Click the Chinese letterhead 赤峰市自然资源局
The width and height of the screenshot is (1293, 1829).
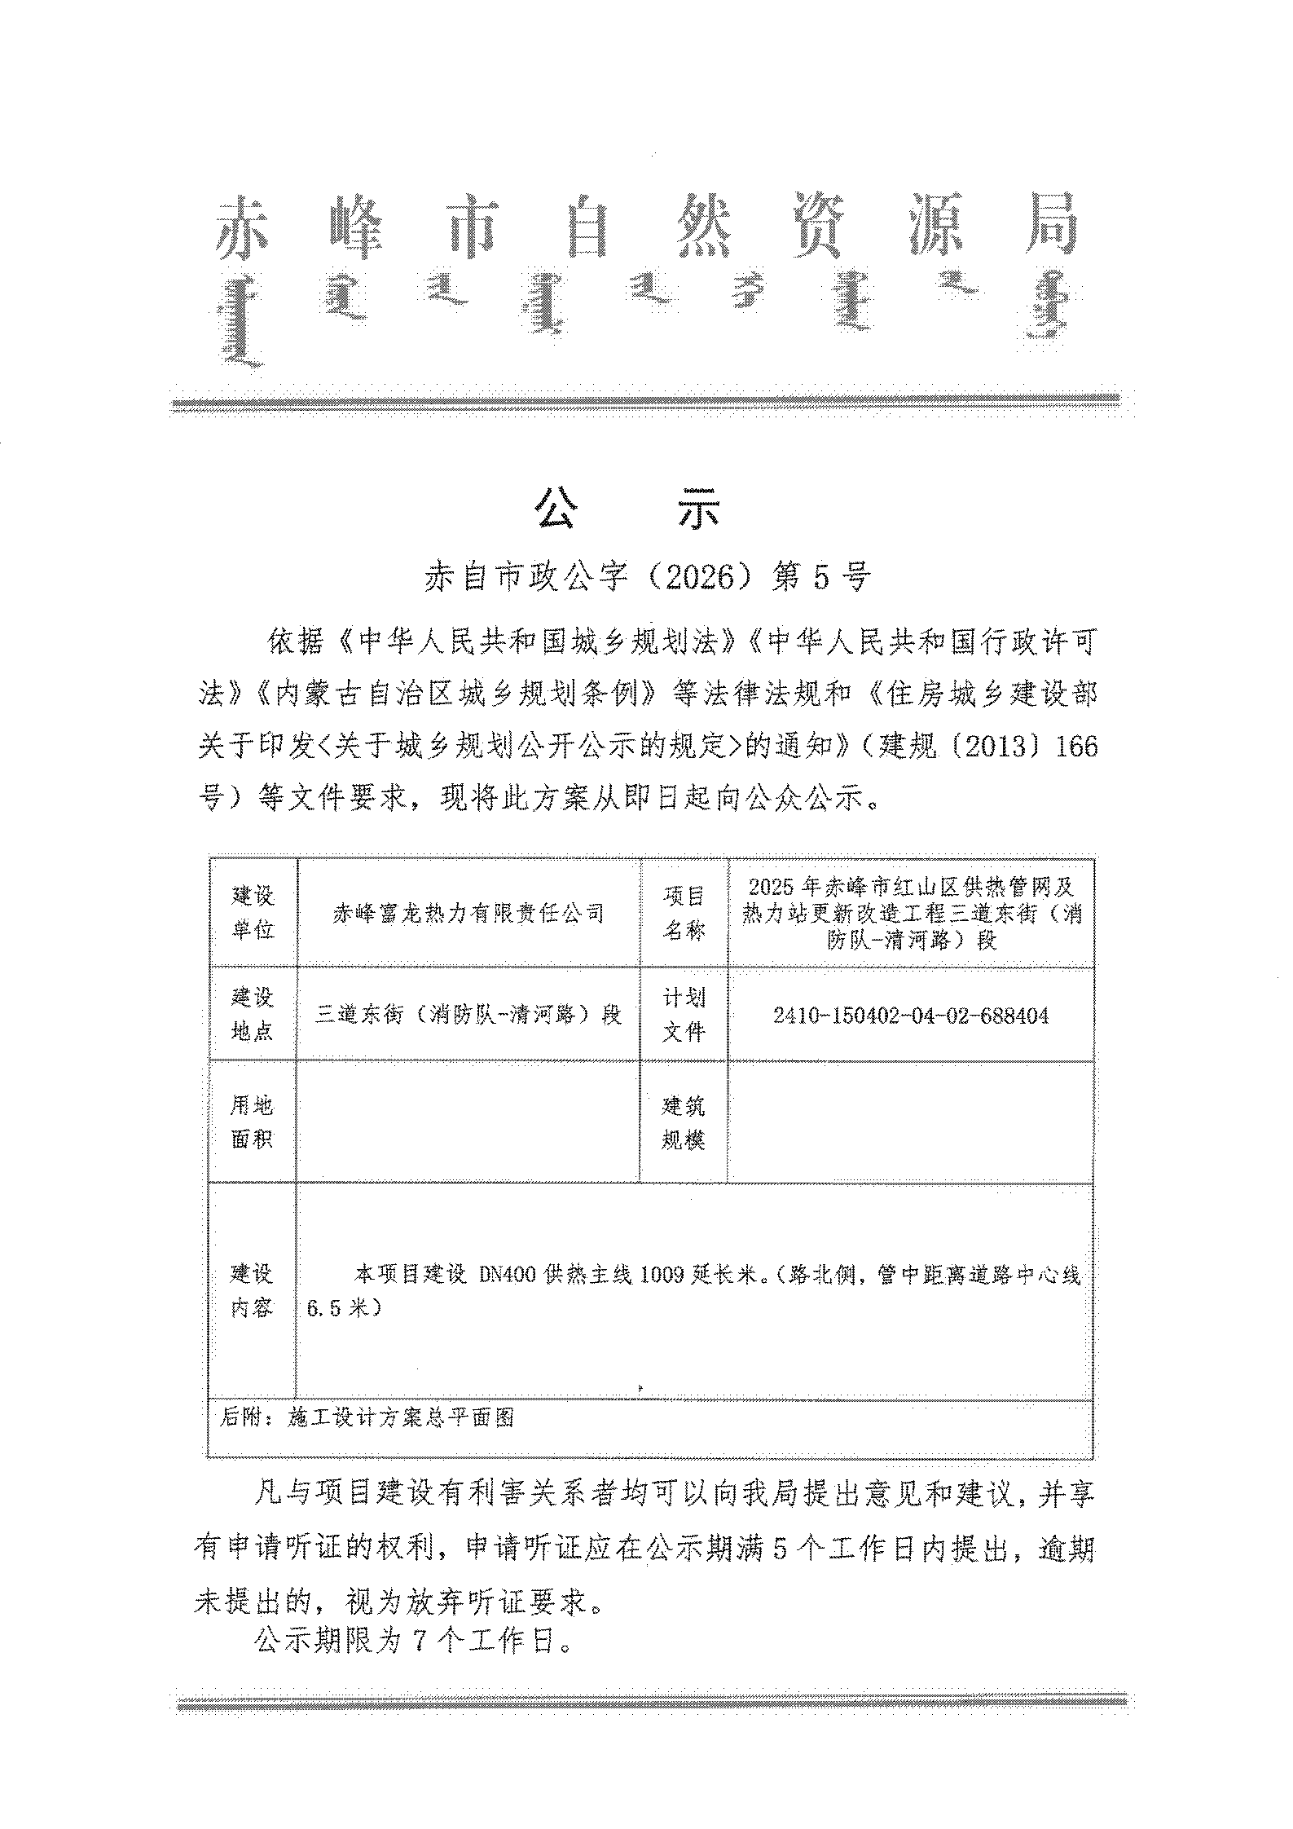648,225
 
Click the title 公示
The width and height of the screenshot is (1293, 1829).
627,511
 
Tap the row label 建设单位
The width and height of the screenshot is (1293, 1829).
253,913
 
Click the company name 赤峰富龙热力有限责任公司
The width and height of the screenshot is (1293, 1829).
468,913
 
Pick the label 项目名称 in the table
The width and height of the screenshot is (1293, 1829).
683,913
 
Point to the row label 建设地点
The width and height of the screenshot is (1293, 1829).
253,1014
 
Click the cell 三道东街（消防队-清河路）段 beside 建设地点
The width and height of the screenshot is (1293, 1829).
468,1015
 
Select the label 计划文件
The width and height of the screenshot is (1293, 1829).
683,1014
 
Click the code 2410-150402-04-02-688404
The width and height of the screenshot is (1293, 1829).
910,1016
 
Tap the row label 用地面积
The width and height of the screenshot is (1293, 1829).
253,1122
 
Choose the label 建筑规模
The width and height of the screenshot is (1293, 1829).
683,1122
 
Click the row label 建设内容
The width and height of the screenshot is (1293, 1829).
253,1290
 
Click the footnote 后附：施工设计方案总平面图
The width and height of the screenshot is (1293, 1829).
367,1417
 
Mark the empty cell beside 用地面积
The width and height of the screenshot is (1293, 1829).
468,1122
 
